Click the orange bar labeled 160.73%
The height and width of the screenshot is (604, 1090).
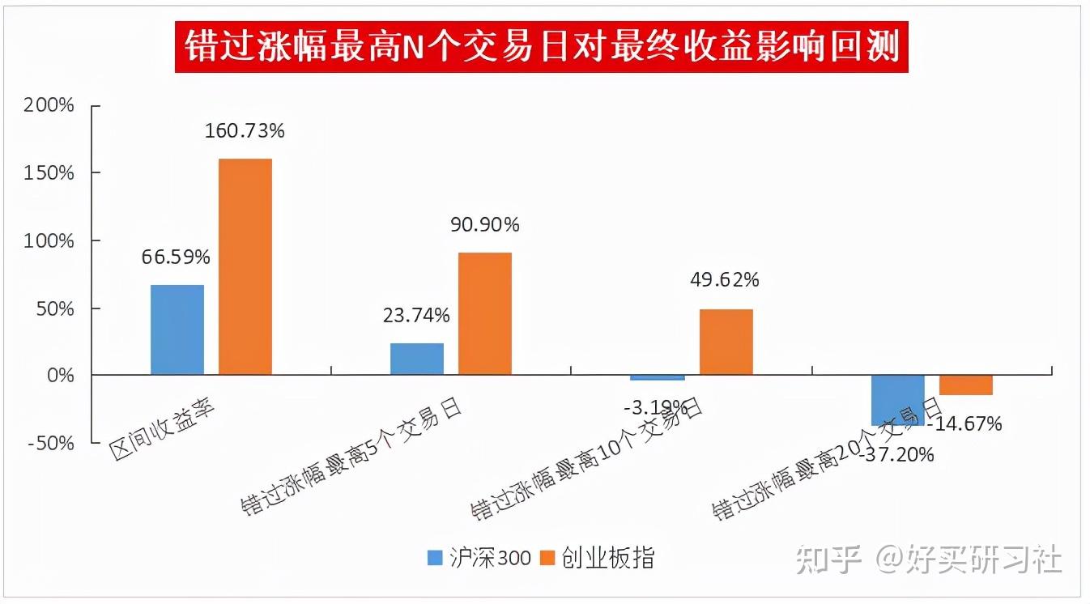[x=245, y=266]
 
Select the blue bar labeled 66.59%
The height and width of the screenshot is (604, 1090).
[x=177, y=330]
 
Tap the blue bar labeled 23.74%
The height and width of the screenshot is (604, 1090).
[x=417, y=359]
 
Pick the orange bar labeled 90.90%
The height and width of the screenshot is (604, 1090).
[x=485, y=313]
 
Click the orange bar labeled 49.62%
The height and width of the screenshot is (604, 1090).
[x=726, y=342]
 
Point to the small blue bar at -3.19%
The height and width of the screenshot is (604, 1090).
[x=658, y=377]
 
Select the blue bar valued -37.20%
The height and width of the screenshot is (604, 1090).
[x=897, y=400]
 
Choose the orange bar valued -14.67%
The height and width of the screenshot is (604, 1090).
[x=965, y=385]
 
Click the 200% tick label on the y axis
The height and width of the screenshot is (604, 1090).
[x=50, y=105]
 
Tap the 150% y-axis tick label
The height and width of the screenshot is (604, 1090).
[x=50, y=173]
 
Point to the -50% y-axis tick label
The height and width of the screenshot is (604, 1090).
[x=50, y=444]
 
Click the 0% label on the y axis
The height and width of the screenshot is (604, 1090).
[x=58, y=376]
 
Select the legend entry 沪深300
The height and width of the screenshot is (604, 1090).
[x=480, y=558]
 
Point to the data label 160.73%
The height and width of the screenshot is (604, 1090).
[x=245, y=130]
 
